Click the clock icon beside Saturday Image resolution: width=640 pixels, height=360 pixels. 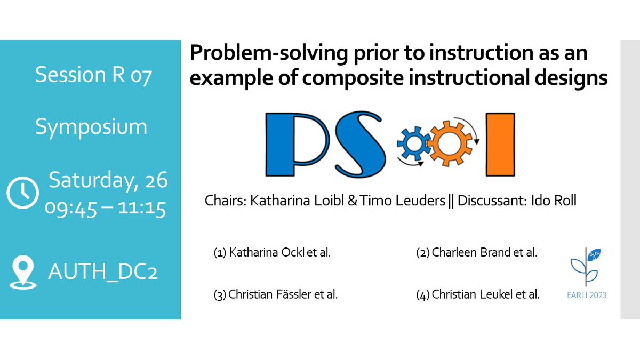click(x=22, y=191)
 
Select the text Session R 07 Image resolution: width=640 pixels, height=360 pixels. click(x=93, y=75)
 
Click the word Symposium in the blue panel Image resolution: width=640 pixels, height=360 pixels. click(x=91, y=127)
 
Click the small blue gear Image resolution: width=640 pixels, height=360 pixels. click(x=411, y=144)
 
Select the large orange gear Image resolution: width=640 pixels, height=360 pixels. click(x=450, y=142)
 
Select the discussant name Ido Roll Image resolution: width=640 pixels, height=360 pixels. click(x=556, y=202)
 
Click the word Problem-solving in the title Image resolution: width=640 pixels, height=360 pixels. click(x=255, y=54)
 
